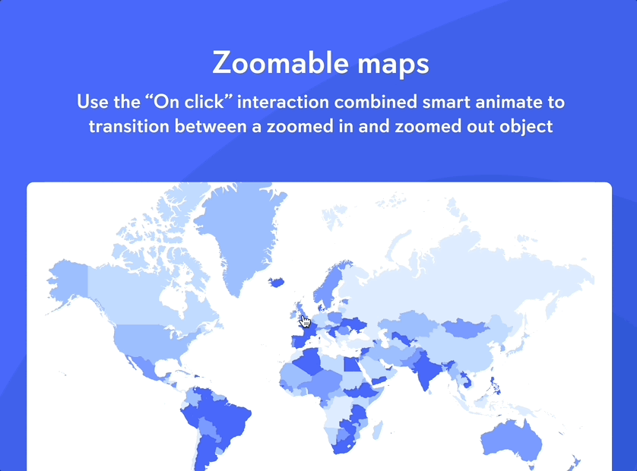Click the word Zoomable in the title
(x=280, y=63)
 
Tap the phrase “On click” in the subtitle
(x=189, y=101)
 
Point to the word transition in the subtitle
(x=128, y=126)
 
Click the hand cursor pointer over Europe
(x=305, y=321)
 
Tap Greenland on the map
(x=239, y=235)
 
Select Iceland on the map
(x=276, y=282)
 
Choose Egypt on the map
(x=352, y=364)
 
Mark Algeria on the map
(x=309, y=362)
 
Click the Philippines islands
(x=495, y=386)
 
